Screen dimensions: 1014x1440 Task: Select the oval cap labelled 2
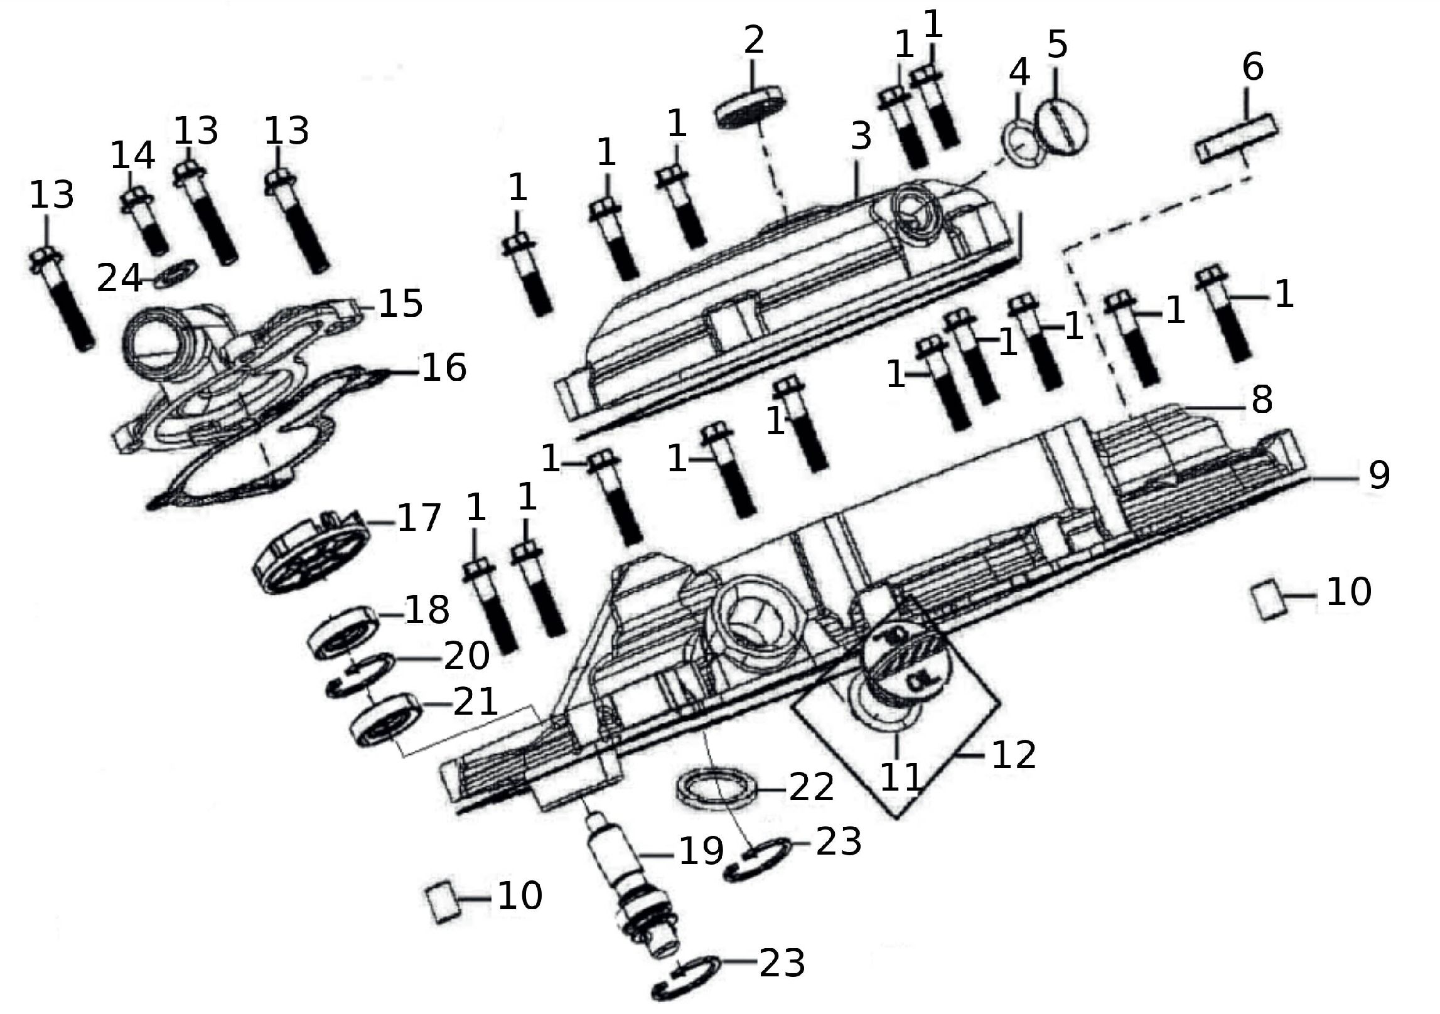click(x=751, y=107)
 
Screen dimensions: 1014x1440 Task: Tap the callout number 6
click(x=1252, y=68)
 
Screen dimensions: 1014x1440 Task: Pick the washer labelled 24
click(x=176, y=273)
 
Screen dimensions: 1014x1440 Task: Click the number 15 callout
click(x=400, y=303)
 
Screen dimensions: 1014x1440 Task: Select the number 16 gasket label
click(x=444, y=368)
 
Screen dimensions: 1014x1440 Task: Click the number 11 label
click(x=900, y=777)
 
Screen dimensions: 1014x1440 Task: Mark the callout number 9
click(x=1378, y=475)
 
